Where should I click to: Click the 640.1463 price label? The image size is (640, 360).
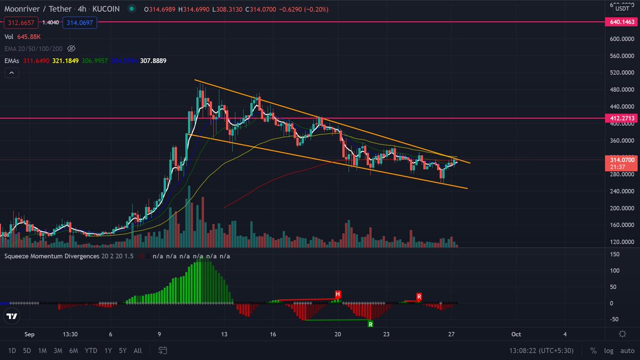[622, 22]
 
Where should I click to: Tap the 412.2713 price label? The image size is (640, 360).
[622, 118]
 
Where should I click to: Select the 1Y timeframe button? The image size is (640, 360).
[108, 350]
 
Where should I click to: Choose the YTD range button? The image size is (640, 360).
[90, 350]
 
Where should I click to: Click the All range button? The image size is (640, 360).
[138, 350]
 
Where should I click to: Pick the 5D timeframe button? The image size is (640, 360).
[27, 350]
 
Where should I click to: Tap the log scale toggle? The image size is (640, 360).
[609, 350]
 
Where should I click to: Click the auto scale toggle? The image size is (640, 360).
[627, 350]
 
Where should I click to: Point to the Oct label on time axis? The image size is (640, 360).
[516, 334]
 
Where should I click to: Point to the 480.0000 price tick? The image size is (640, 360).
[622, 90]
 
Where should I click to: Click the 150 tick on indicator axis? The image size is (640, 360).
[614, 254]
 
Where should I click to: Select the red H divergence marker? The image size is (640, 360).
[338, 294]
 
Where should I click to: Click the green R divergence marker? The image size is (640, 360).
[370, 324]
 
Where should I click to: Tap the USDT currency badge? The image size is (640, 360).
[622, 8]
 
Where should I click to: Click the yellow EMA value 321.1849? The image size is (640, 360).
[66, 61]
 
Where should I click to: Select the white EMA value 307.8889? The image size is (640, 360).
[153, 61]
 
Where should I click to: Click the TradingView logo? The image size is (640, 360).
[11, 316]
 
